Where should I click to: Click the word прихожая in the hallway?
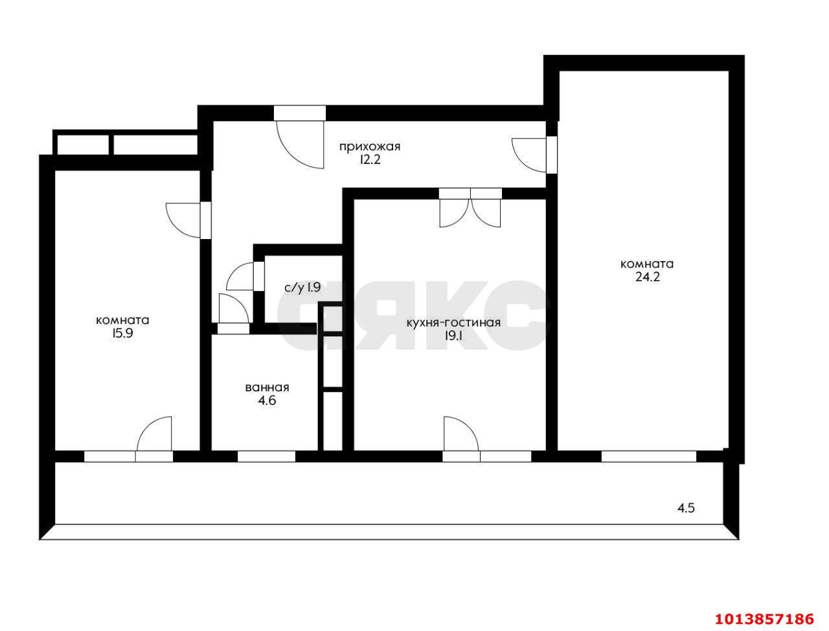[x=369, y=146]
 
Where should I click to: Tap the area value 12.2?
[x=369, y=160]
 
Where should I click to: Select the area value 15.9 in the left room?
[x=122, y=334]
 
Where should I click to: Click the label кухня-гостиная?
[x=453, y=323]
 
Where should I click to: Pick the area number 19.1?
[x=453, y=336]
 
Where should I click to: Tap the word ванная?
[x=267, y=387]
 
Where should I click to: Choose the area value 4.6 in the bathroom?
[x=267, y=400]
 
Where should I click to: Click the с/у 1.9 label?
[x=302, y=288]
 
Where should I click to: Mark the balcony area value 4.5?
[x=685, y=509]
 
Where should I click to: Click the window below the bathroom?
[x=266, y=457]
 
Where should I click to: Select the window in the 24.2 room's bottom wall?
[x=648, y=457]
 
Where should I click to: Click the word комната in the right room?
[x=647, y=264]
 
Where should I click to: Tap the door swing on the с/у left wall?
[x=240, y=277]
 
